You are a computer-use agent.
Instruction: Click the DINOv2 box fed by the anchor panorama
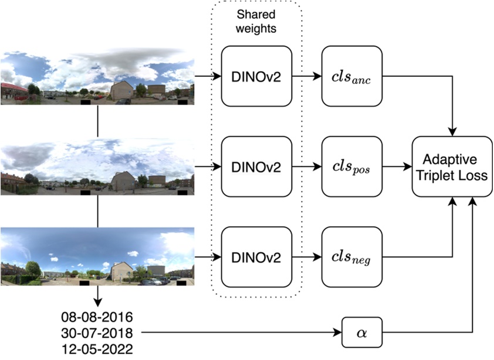(256, 76)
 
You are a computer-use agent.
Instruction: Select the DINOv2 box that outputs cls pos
(256, 166)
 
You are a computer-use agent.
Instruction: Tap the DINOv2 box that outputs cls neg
(256, 256)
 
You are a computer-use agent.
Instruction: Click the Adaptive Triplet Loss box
(452, 166)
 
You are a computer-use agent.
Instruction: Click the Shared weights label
(256, 22)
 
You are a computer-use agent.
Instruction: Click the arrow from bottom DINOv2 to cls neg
(307, 256)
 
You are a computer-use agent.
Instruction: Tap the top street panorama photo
(97, 77)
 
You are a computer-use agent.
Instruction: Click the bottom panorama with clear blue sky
(97, 257)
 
